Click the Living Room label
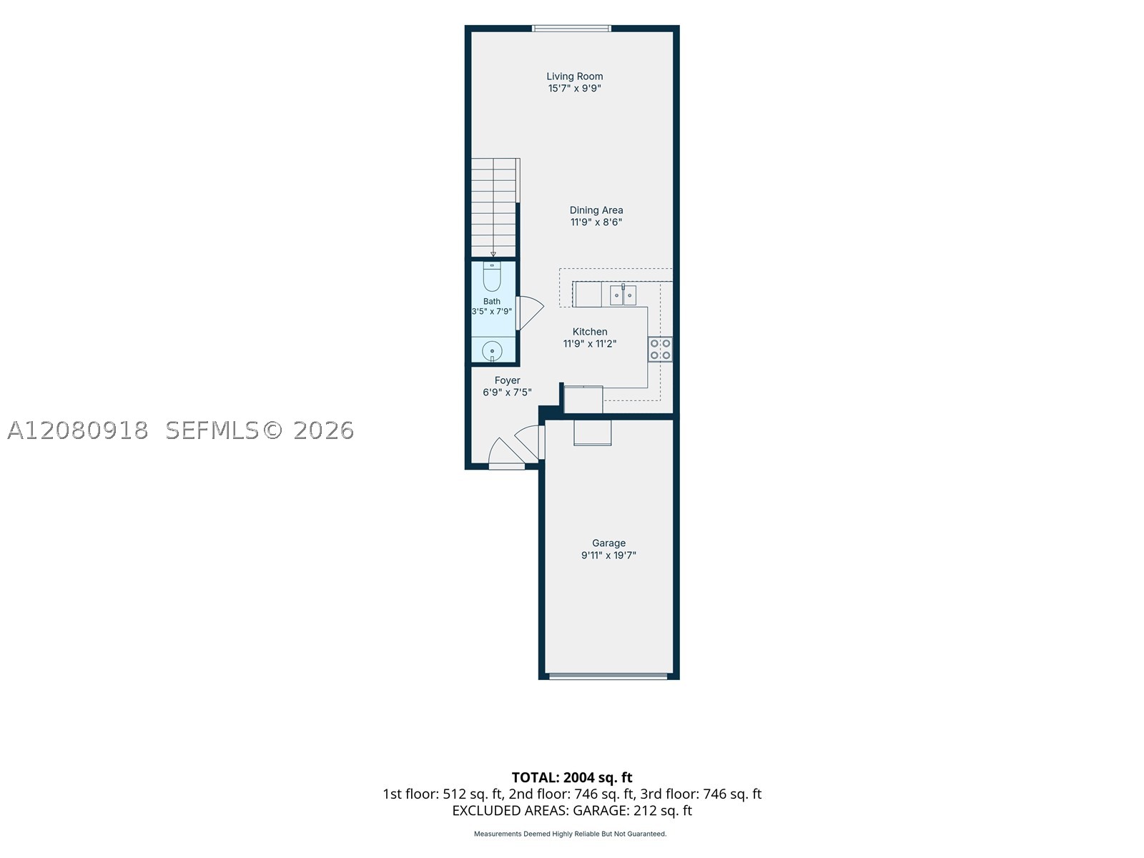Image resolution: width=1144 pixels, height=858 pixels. [574, 77]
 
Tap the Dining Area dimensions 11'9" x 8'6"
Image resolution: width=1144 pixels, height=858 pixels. [596, 222]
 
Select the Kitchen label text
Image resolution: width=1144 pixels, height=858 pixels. [589, 332]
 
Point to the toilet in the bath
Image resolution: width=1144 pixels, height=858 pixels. [491, 277]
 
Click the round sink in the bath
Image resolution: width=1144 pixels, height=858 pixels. [492, 351]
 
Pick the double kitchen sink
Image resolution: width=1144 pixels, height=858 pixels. [623, 295]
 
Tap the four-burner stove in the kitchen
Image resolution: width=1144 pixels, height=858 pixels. [660, 350]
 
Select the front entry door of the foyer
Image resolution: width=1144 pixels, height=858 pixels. [505, 454]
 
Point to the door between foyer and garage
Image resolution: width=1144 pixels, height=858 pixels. [529, 442]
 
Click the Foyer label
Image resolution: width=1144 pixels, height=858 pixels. [507, 381]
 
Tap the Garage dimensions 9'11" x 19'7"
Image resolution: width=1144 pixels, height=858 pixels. [608, 556]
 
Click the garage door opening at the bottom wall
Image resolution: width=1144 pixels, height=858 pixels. [608, 676]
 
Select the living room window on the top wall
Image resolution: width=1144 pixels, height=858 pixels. [571, 29]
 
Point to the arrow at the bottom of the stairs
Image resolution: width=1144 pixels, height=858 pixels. [493, 255]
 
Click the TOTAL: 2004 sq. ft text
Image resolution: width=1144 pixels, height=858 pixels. [572, 778]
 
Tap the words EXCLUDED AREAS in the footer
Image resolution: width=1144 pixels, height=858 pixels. [510, 811]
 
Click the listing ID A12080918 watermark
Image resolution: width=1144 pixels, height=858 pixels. [78, 430]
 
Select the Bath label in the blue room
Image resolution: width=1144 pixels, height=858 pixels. [491, 301]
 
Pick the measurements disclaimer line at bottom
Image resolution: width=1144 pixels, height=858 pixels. [570, 834]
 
